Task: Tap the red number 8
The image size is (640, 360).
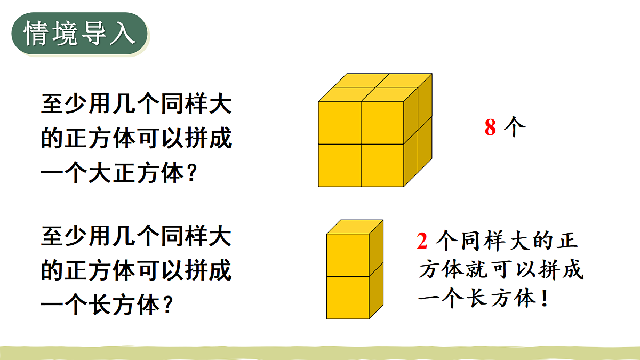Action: click(x=490, y=128)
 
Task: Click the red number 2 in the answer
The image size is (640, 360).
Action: click(x=422, y=242)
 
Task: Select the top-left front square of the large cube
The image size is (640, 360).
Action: click(x=340, y=123)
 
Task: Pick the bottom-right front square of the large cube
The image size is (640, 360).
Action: click(x=382, y=165)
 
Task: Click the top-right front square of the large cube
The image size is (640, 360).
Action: click(x=382, y=123)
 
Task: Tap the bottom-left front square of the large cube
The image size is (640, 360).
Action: click(x=340, y=165)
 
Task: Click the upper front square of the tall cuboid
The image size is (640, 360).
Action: click(x=348, y=254)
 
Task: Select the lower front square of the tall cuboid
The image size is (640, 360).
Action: click(x=348, y=297)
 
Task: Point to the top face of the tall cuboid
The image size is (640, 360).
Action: click(x=355, y=227)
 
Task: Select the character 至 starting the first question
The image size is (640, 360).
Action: click(x=52, y=105)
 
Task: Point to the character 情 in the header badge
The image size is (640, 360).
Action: click(x=36, y=34)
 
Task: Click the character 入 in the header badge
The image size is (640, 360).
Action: click(x=124, y=34)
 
